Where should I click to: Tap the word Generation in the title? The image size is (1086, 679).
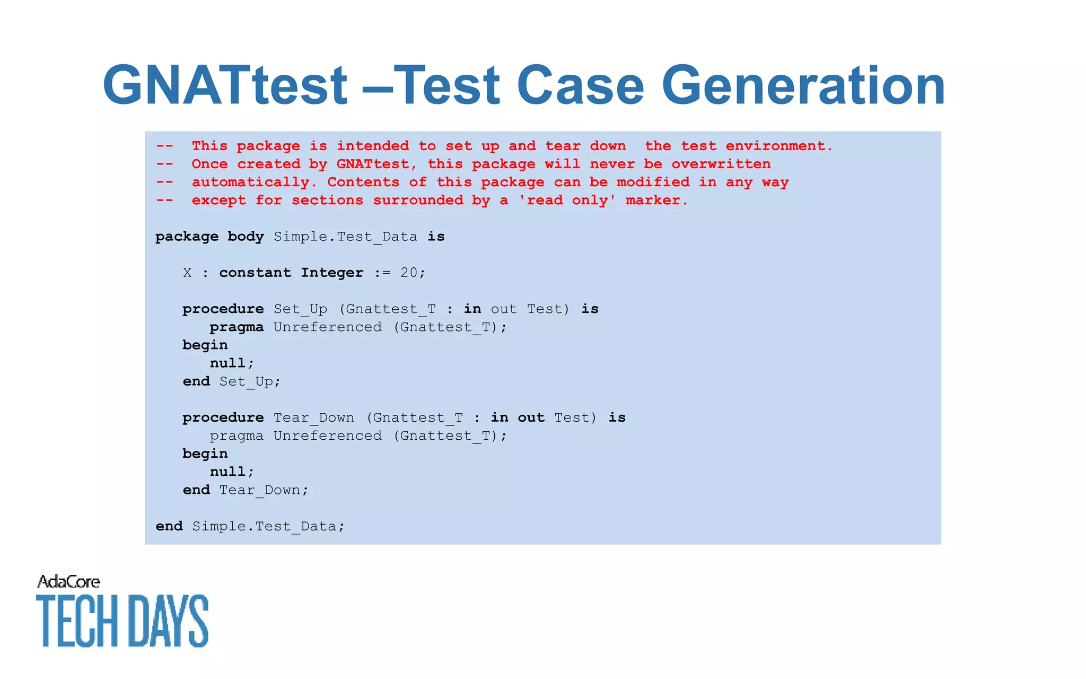[x=803, y=85]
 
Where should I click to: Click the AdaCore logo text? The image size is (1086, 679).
[x=68, y=582]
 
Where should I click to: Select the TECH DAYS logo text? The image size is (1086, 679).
[x=122, y=621]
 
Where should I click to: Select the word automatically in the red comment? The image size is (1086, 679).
[x=250, y=182]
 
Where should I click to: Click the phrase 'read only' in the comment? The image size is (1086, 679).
[x=567, y=201]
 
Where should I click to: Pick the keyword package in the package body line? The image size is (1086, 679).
[x=187, y=237]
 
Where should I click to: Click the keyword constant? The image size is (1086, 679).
[x=255, y=273]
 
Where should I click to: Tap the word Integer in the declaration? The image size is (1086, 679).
[x=332, y=273]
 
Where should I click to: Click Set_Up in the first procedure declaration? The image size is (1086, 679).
[x=300, y=309]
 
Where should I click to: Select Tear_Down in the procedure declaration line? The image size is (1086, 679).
[x=313, y=418]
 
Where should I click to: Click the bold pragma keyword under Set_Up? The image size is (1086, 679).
[x=237, y=327]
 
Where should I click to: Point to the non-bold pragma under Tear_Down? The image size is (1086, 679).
[x=237, y=436]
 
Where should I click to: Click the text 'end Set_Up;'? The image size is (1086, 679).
[x=231, y=381]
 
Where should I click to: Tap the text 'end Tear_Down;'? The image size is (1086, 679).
[x=245, y=490]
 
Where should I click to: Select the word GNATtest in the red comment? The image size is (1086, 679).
[x=372, y=164]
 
